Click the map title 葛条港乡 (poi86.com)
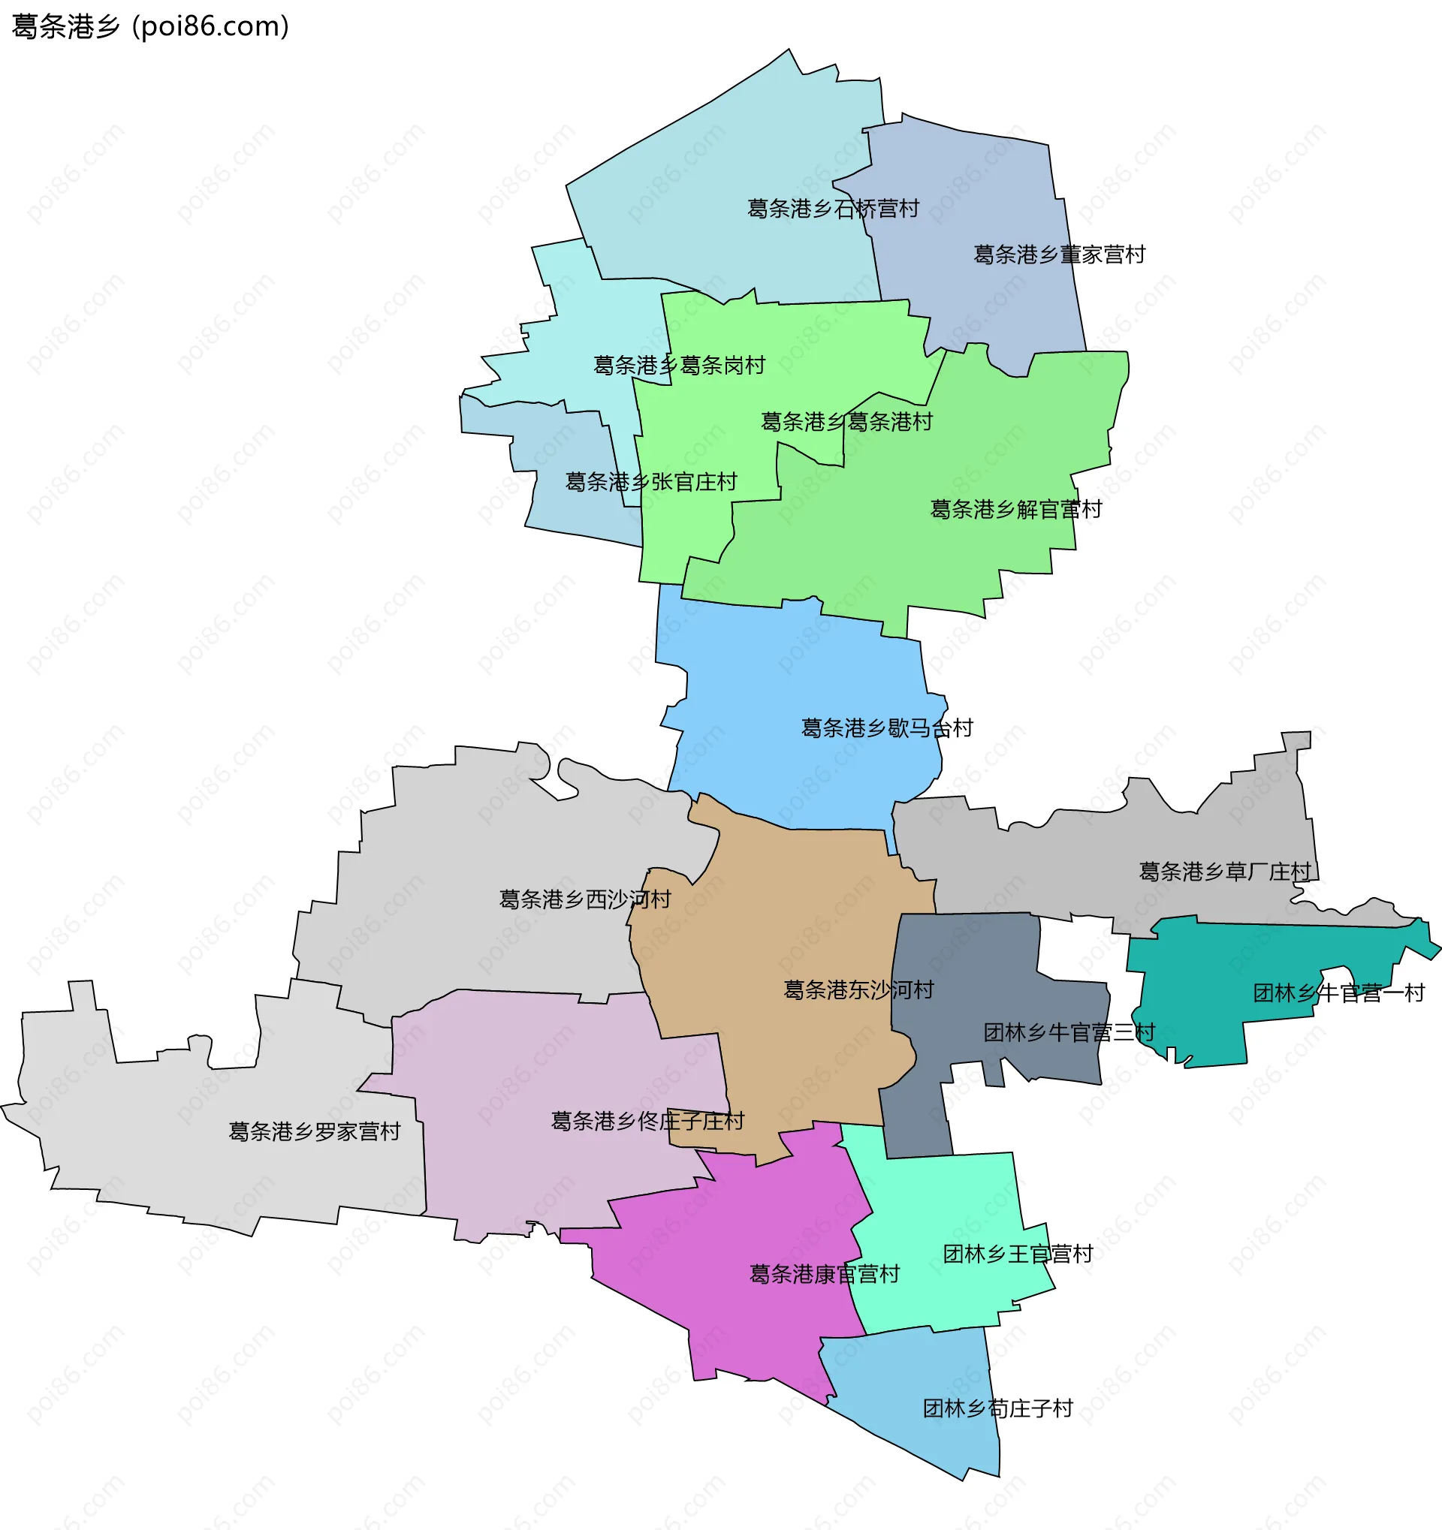click(150, 27)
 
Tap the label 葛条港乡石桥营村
click(833, 209)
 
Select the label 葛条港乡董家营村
click(1060, 254)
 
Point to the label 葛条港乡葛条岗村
click(679, 365)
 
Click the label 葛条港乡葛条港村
click(846, 422)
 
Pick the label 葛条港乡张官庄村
click(651, 482)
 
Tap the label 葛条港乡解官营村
click(1015, 509)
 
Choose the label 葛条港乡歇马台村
click(887, 727)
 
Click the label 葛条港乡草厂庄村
click(1225, 871)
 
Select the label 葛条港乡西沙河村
click(585, 899)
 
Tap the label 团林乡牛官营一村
click(1339, 992)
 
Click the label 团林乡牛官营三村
click(1069, 1032)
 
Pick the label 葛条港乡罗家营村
click(315, 1131)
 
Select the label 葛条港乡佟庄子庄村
click(647, 1121)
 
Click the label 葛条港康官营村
click(825, 1274)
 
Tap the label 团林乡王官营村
click(1018, 1254)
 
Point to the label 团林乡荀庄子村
click(998, 1408)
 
